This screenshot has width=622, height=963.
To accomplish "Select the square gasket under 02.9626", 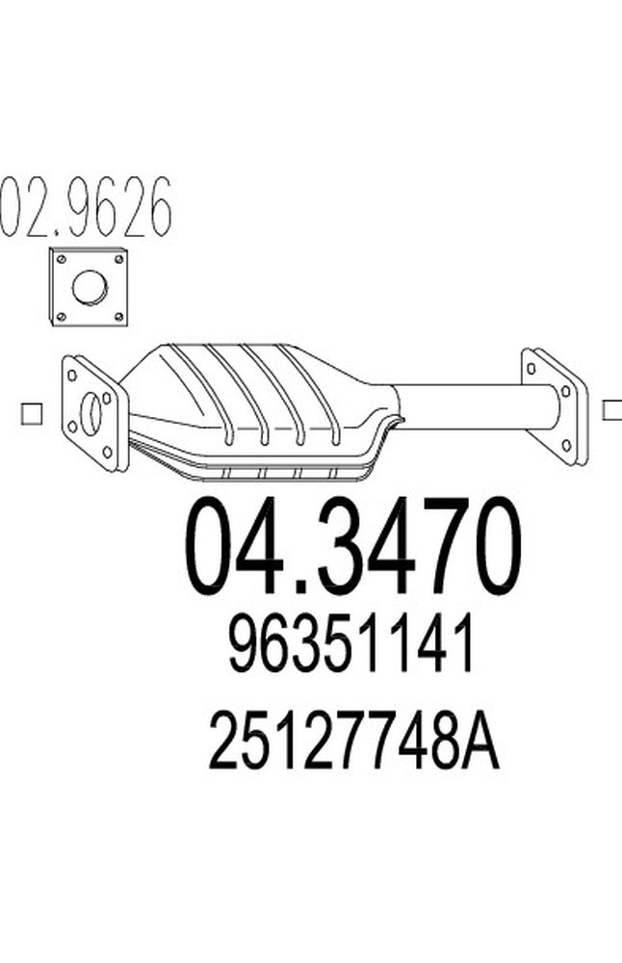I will pyautogui.click(x=89, y=286).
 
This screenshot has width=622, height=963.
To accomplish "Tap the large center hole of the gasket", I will pyautogui.click(x=90, y=286).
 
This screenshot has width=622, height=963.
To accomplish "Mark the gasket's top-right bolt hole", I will pyautogui.click(x=118, y=258).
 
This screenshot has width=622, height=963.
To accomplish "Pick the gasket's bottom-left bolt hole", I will pyautogui.click(x=61, y=315).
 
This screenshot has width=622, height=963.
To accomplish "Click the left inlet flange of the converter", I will pyautogui.click(x=92, y=414).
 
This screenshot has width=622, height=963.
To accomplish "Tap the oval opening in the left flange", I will pyautogui.click(x=92, y=413).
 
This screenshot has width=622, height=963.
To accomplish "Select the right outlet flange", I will pyautogui.click(x=555, y=403).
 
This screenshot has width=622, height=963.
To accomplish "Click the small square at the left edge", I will pyautogui.click(x=31, y=413).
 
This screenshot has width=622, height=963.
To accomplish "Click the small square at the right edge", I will pyautogui.click(x=610, y=409).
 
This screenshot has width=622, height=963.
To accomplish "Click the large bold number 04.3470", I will pyautogui.click(x=352, y=548).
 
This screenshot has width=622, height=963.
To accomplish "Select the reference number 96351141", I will pyautogui.click(x=351, y=649).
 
